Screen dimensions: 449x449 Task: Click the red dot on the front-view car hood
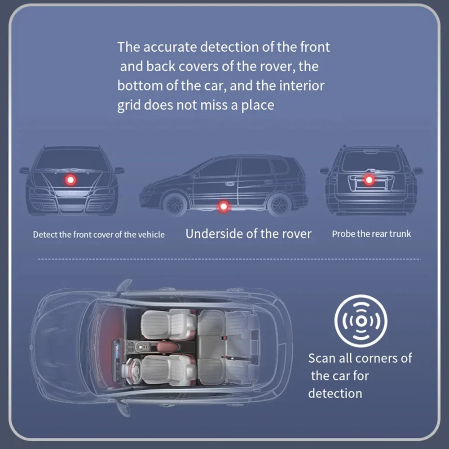(70, 180)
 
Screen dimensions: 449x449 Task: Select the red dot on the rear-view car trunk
(369, 180)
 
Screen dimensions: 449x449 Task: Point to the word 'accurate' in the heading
(172, 47)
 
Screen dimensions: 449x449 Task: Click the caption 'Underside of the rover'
(248, 234)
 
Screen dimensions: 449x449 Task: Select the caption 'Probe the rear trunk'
(371, 234)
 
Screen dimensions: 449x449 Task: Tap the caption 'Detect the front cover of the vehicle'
(99, 234)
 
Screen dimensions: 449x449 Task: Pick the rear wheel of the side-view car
(279, 204)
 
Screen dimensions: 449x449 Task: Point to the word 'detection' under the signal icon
(335, 393)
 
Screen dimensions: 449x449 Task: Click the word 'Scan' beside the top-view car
(321, 358)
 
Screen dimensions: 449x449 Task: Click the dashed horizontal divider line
(229, 259)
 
